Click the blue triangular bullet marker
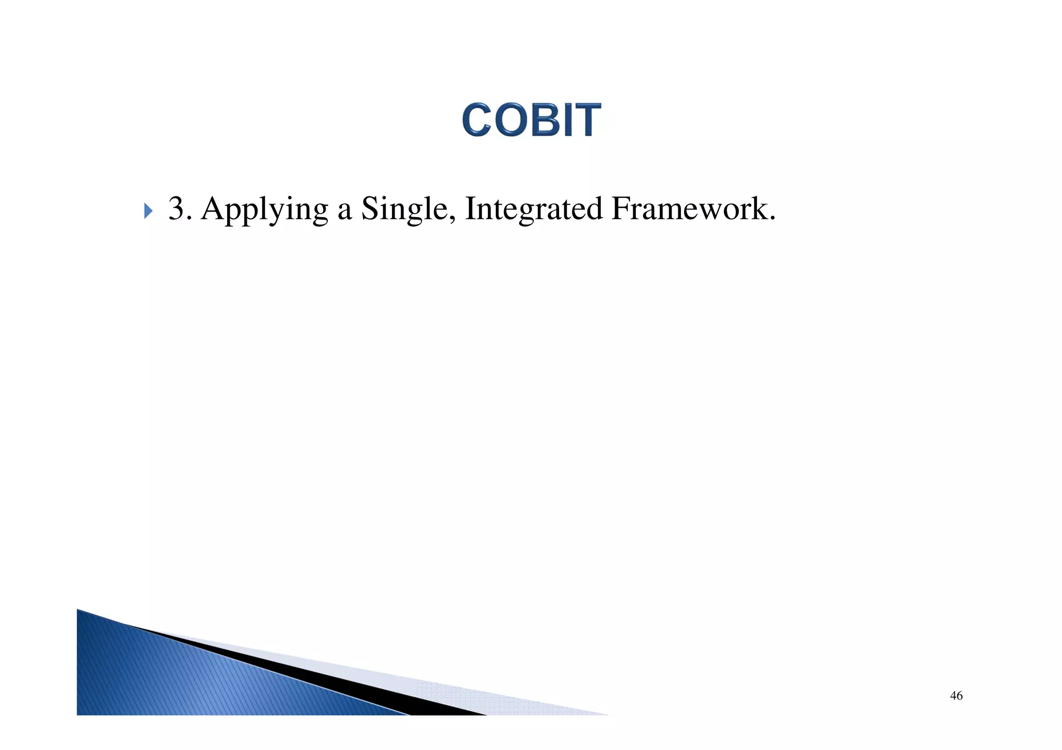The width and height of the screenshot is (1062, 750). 148,211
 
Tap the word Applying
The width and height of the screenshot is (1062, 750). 264,210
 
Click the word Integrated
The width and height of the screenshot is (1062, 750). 534,210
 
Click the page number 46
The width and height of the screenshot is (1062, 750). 956,696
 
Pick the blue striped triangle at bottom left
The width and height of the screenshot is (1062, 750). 171,674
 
